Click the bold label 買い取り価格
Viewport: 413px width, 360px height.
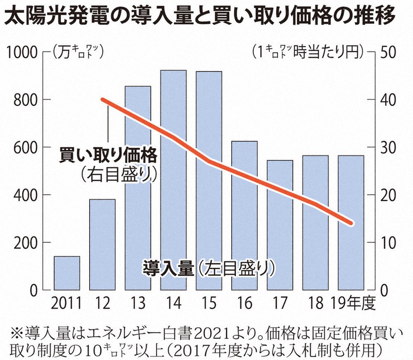[107, 154]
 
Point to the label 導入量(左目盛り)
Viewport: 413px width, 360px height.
[206, 268]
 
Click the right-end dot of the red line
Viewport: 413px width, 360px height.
[351, 223]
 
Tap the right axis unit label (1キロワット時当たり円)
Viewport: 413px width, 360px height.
[308, 52]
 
